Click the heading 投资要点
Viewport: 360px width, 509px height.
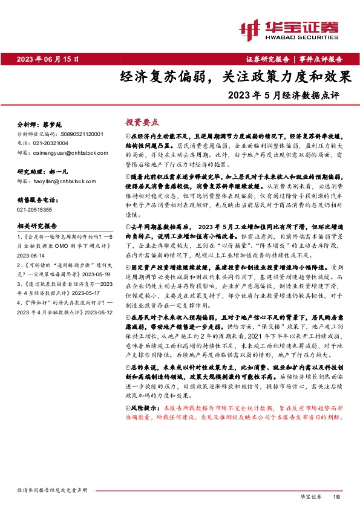tap(138, 121)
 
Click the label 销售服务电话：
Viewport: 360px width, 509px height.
tap(38, 198)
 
